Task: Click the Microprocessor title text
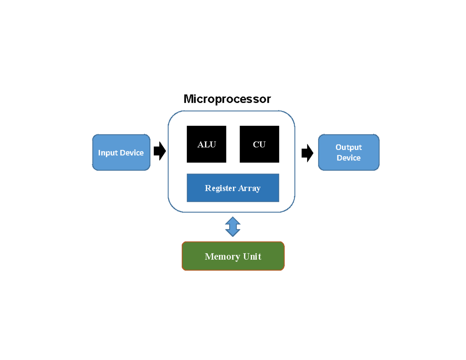coord(227,99)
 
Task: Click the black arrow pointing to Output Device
coord(307,153)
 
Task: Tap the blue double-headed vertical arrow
coord(233,227)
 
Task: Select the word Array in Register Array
coord(250,188)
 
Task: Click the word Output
coord(348,147)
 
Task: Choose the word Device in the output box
coord(348,158)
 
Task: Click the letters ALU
coord(206,145)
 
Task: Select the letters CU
coord(259,145)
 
